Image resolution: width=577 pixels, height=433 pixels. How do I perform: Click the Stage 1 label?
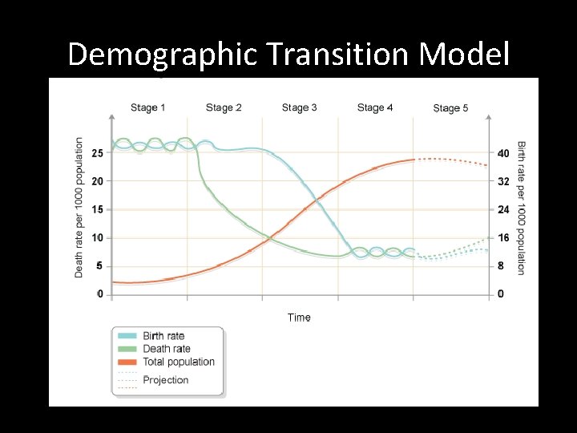[148, 107]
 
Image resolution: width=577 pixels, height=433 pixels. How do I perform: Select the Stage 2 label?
[224, 107]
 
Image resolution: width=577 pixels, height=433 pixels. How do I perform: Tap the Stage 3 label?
[299, 107]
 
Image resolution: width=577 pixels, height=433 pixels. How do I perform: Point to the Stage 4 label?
[375, 107]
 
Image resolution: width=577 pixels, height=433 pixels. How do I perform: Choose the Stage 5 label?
[450, 108]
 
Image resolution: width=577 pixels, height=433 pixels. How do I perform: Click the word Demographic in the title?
[162, 55]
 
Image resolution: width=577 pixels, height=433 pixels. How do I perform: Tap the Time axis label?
[299, 318]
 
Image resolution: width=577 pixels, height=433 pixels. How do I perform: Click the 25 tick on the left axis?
[98, 152]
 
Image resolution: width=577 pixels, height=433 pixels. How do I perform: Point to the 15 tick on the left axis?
[98, 209]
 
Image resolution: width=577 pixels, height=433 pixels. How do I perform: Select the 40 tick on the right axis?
[502, 153]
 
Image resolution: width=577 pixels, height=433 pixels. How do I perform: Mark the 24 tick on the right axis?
[502, 210]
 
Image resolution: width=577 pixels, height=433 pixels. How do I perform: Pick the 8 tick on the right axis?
[501, 266]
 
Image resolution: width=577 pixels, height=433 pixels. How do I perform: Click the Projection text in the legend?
[166, 380]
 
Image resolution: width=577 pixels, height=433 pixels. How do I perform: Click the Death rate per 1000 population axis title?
[79, 207]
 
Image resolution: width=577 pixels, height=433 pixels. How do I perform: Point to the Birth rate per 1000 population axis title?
[522, 208]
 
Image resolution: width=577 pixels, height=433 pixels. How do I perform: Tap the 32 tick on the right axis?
[502, 181]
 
